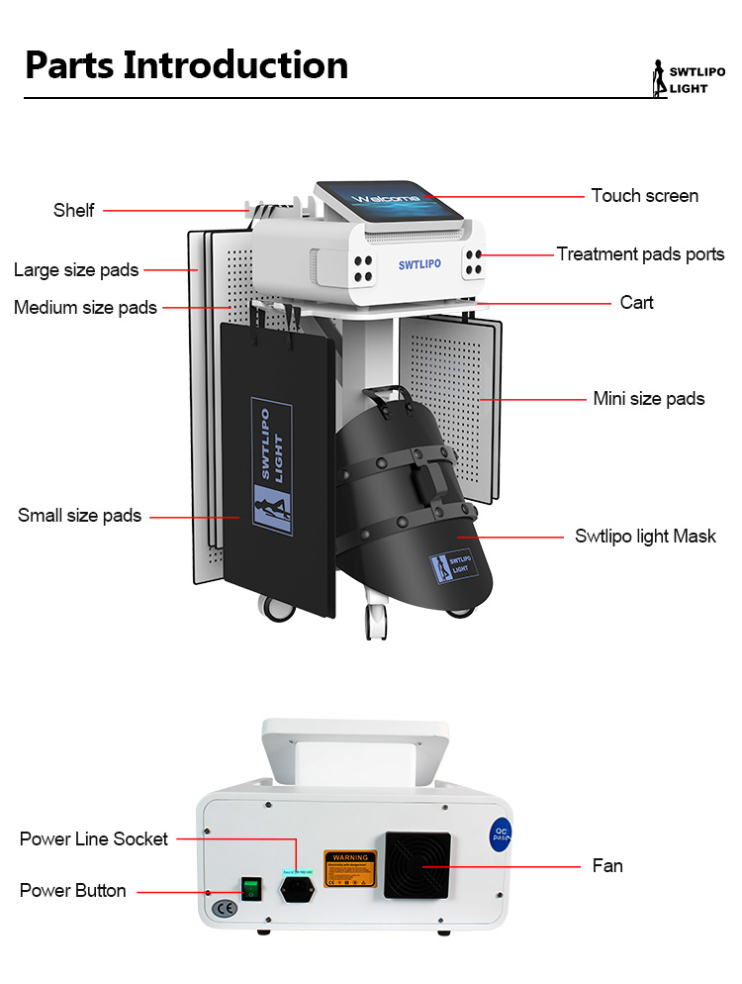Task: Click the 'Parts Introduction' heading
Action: (186, 65)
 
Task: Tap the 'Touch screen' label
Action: (644, 196)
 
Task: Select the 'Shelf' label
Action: (74, 210)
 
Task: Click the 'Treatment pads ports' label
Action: (640, 254)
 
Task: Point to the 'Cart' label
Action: (636, 302)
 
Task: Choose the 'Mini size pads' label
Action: (648, 399)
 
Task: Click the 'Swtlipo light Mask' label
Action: (645, 537)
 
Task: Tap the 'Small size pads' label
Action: (79, 516)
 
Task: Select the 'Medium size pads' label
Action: (85, 308)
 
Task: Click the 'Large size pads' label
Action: (76, 270)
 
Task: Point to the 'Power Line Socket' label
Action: (94, 839)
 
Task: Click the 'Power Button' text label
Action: (73, 891)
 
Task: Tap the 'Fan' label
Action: (607, 866)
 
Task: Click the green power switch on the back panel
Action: (252, 887)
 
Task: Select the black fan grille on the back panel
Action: (417, 865)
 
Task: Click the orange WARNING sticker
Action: (350, 868)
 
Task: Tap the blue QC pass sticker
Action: (502, 835)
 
